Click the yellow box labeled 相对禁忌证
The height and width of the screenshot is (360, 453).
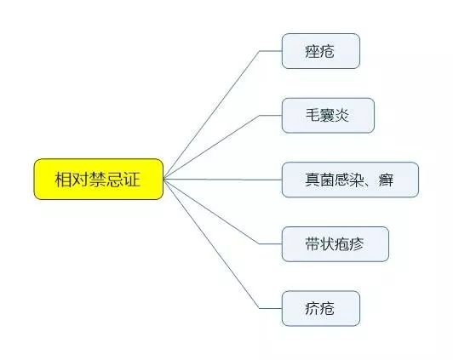point(99,179)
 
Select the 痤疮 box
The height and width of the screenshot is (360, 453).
point(321,51)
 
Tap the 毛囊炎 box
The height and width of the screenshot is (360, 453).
point(328,116)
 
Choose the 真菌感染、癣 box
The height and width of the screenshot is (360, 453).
point(350,180)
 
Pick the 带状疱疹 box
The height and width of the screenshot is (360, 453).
point(335,244)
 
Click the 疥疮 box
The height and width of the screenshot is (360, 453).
point(321,309)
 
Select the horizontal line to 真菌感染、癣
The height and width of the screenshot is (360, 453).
point(223,180)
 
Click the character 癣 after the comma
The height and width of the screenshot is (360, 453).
point(386,180)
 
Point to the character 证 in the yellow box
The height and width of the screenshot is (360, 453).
point(132,180)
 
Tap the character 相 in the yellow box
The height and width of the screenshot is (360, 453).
point(63,180)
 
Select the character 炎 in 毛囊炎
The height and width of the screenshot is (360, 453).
point(342,115)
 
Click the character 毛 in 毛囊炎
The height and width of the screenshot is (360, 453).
point(313,115)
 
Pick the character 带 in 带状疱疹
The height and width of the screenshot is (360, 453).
point(313,244)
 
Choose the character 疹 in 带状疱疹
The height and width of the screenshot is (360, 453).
point(357,244)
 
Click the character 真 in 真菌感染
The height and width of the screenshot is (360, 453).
point(313,180)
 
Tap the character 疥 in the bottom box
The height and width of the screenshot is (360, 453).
point(313,308)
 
